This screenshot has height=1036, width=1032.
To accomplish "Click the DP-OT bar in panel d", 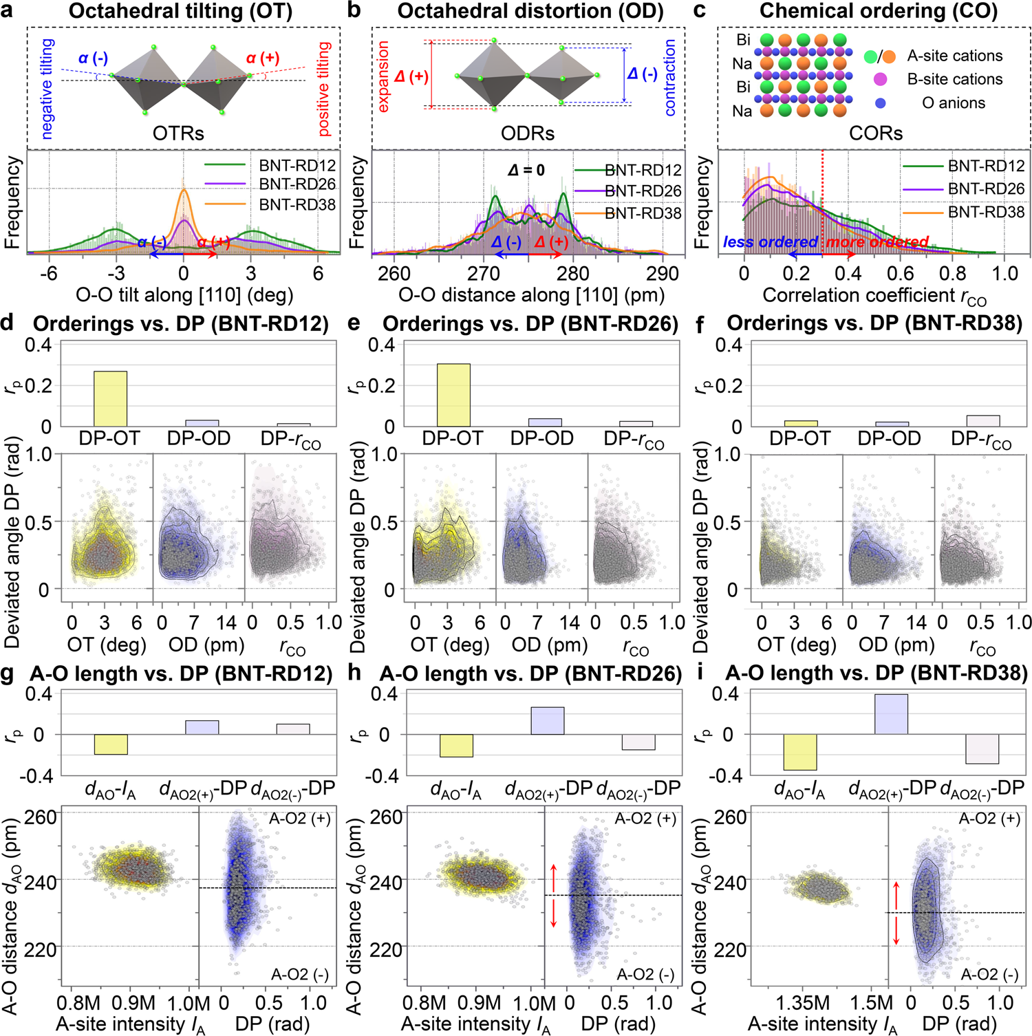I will [x=110, y=399].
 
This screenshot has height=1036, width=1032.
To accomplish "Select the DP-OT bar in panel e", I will [x=453, y=396].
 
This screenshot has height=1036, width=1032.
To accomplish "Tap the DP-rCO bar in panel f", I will [x=983, y=421].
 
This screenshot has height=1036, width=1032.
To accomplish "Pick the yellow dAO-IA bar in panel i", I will [x=799, y=752].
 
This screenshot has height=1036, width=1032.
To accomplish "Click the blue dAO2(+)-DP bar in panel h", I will [x=548, y=721].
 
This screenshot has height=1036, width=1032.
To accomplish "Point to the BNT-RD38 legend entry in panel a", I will [x=297, y=204].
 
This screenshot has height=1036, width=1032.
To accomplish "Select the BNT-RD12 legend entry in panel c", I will [x=986, y=166].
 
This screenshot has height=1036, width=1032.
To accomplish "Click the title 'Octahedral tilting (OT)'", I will [x=180, y=11].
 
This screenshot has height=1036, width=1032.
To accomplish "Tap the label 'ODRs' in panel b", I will [x=528, y=133].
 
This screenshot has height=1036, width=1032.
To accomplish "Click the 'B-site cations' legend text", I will [x=954, y=79].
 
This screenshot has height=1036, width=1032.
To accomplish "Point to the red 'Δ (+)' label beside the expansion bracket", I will [x=411, y=76].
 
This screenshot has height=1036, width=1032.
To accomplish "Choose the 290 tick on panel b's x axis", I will [x=662, y=274].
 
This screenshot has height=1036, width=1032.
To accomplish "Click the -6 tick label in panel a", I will [x=48, y=274].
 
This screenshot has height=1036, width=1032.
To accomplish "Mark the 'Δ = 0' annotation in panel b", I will [x=526, y=170].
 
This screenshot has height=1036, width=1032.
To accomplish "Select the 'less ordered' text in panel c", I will [x=770, y=242].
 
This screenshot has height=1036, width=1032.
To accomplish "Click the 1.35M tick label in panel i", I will [x=802, y=1002].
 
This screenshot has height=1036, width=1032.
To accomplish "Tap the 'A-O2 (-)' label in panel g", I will [x=300, y=974].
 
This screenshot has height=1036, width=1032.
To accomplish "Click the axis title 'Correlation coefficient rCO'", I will [x=874, y=296].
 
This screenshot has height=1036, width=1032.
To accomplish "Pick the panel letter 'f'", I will [x=700, y=323].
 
